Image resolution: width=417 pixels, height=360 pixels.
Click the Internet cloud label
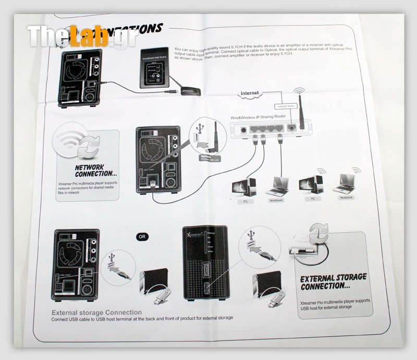(x=250, y=93)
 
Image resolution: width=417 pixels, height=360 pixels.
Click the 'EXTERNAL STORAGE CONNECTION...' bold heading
(x=333, y=282)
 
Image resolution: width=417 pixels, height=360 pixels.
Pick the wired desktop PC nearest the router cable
(x=245, y=188)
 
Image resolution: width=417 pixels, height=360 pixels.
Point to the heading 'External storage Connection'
(x=96, y=313)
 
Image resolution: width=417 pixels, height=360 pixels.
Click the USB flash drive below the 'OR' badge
(x=158, y=298)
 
